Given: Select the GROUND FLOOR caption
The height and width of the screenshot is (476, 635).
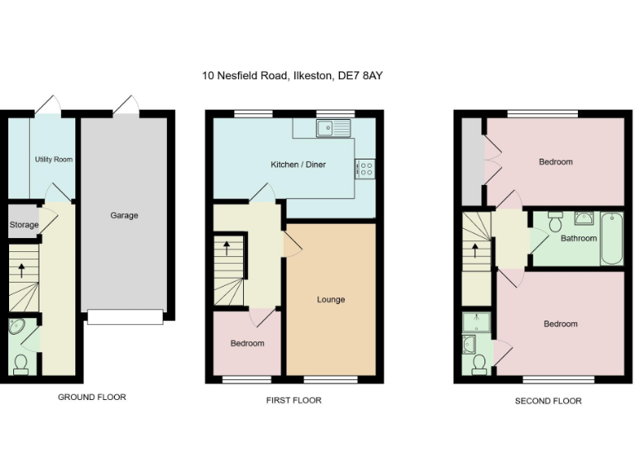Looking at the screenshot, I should [92, 397].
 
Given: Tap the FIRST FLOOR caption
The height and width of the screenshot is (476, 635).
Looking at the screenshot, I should [294, 400].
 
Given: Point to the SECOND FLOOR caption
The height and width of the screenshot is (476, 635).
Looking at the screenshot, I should [548, 401].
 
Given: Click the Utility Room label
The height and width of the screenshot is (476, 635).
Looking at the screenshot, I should [54, 159].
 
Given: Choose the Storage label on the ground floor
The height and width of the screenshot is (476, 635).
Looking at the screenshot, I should [24, 225].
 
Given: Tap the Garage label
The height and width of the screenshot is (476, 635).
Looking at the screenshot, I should [124, 216].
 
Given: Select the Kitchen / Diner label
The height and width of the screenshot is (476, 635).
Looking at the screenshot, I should [298, 164].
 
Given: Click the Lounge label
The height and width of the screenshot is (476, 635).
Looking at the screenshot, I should [331, 299].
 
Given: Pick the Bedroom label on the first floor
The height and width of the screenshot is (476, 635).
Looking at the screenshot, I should [247, 343].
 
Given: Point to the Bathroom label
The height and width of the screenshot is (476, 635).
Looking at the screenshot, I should [578, 238].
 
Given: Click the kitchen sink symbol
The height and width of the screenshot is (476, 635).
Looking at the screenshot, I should [335, 127].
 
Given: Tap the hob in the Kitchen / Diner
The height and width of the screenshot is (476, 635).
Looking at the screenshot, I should [365, 169].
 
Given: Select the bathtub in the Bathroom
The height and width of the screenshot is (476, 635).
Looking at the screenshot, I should [612, 238].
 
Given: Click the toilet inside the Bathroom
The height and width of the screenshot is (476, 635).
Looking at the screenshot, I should [555, 221].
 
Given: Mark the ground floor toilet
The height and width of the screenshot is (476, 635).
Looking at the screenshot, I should [21, 362].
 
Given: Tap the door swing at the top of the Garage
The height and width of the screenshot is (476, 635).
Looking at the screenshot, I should [127, 104].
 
